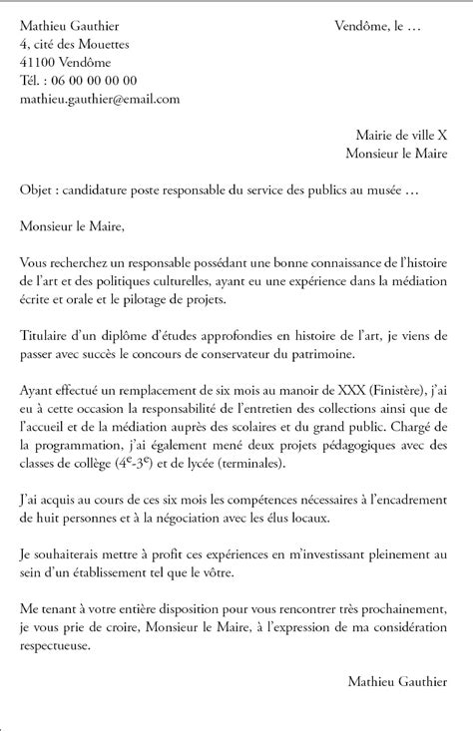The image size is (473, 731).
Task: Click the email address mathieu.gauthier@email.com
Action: (x=99, y=99)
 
